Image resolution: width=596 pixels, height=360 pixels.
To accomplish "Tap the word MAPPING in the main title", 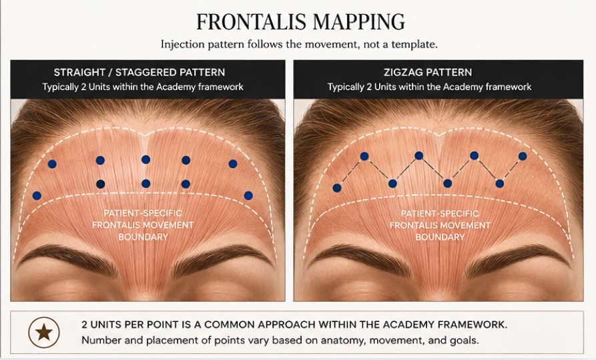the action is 357,21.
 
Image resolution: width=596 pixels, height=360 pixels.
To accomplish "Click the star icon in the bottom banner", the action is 44,332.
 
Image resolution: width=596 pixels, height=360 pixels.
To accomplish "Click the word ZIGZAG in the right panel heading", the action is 400,72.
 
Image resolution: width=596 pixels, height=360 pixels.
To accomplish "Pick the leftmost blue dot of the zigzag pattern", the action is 337,188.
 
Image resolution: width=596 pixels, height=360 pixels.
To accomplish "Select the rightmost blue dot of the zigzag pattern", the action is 523,156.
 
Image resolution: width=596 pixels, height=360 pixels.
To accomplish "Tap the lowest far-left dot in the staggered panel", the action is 37,196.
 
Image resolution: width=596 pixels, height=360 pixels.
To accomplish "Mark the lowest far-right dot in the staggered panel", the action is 248,196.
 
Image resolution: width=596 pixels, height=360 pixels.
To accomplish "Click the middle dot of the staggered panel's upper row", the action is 145,160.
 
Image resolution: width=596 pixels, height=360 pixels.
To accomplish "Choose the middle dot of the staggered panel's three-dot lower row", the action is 145,184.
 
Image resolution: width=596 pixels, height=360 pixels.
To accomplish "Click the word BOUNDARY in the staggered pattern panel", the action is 143,237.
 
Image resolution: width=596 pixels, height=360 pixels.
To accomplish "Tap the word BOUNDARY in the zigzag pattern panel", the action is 440,238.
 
